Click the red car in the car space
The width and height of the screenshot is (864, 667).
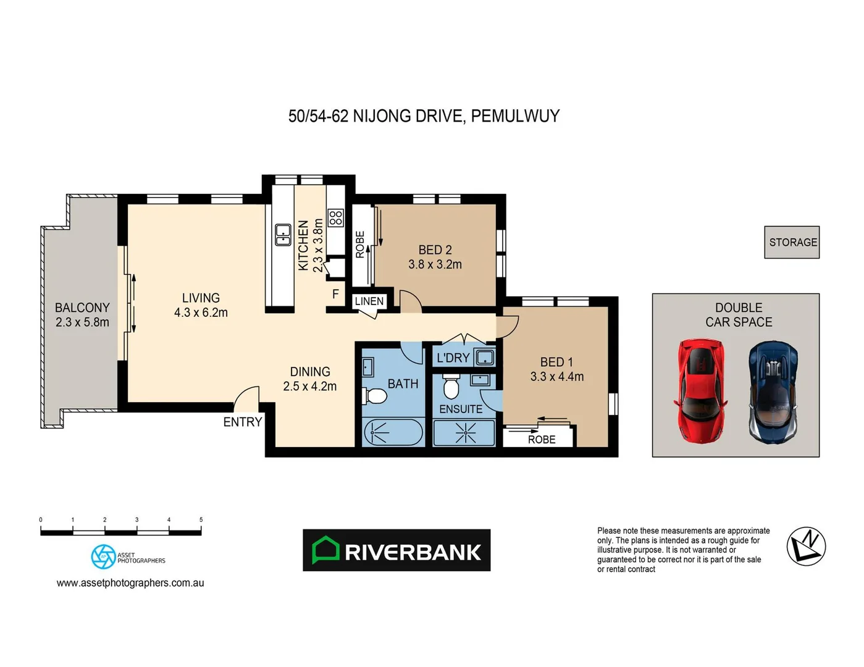701,390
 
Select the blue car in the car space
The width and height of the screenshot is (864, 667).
773,393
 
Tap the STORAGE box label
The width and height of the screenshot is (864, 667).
792,242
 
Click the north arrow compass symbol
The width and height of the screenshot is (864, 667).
806,547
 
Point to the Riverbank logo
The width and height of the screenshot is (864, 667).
396,550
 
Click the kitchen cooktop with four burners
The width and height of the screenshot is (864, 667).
335,217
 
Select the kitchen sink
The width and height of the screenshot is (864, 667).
283,235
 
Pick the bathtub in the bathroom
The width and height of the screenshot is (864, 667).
393,432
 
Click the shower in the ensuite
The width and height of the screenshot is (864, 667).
464,433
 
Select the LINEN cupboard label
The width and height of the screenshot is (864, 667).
369,301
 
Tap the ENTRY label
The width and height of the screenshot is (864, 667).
243,422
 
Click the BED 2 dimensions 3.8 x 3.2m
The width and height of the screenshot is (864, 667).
435,264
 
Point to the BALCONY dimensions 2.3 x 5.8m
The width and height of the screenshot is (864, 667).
82,322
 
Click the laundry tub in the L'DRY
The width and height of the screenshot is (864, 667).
485,357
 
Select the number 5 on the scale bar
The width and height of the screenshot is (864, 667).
201,520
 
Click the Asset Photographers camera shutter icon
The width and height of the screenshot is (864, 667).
103,556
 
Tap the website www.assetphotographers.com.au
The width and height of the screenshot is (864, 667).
130,583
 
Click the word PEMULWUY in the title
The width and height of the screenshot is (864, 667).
515,116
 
